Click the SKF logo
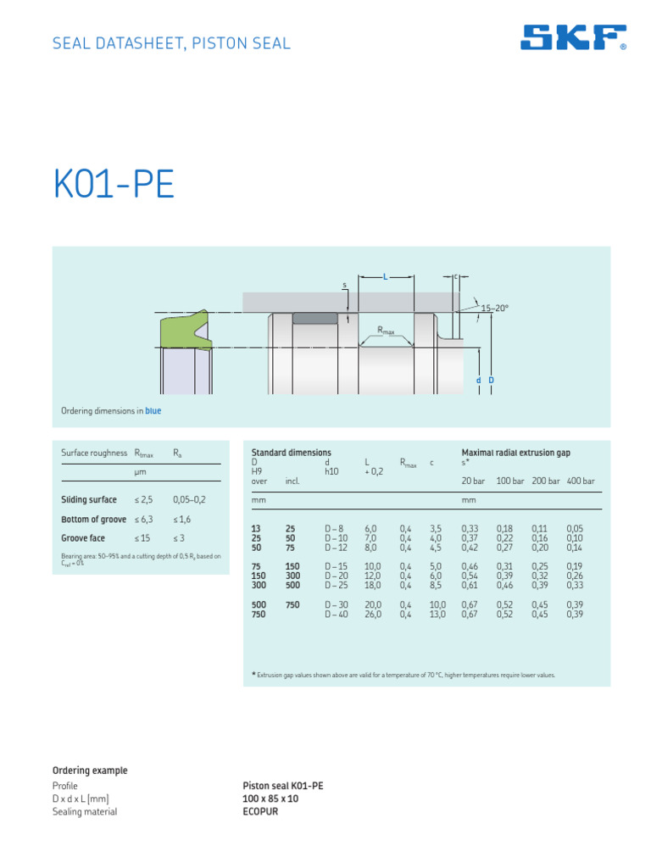(x=573, y=38)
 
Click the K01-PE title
(x=114, y=185)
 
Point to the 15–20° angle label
(x=495, y=309)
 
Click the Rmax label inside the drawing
(x=386, y=330)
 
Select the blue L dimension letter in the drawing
(x=385, y=277)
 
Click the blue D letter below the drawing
(x=491, y=381)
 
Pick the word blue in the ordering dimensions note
(x=153, y=411)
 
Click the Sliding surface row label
(x=89, y=500)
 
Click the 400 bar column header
(x=581, y=481)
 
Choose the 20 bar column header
(x=473, y=481)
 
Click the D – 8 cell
(x=335, y=527)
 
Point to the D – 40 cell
(x=336, y=615)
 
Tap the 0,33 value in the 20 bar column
(x=470, y=527)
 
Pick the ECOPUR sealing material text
(x=260, y=811)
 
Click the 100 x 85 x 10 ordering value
(x=270, y=798)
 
